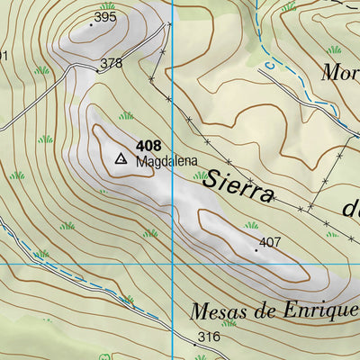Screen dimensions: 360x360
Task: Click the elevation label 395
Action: pos(105,17)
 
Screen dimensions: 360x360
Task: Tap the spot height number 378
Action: pos(111,63)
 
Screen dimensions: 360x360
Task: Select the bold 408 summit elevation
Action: pos(148,145)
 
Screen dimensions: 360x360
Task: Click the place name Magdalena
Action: pos(166,163)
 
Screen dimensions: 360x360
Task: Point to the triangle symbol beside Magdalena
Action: pos(121,158)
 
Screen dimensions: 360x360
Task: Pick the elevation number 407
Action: pos(270,242)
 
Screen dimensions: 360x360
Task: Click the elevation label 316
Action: pos(208,337)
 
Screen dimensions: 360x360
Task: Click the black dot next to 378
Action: pos(97,70)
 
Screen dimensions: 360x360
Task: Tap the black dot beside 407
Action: pos(256,249)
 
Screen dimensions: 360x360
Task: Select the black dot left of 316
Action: pos(193,344)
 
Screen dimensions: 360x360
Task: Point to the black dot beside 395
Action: pos(91,23)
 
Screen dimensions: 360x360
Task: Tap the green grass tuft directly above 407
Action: pos(251,225)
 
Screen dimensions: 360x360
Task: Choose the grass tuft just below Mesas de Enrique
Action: pos(229,322)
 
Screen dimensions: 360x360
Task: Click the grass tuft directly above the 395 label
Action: pos(108,5)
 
